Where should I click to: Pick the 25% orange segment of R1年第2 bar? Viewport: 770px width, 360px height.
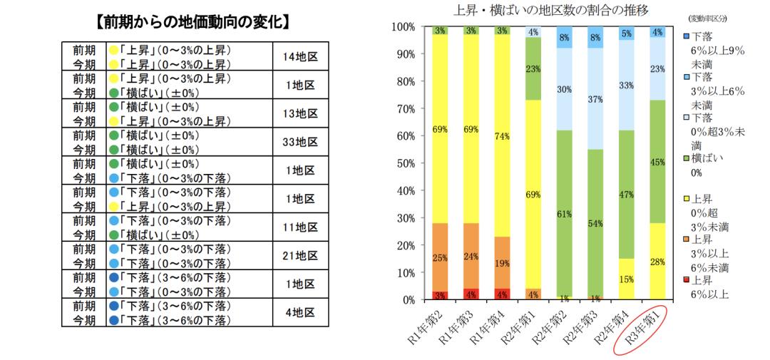[441, 257]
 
